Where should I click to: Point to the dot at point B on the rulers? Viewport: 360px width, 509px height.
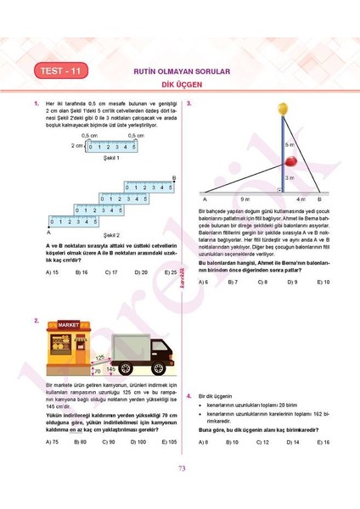click(174, 182)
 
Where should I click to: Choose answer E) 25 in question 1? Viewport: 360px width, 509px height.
click(171, 272)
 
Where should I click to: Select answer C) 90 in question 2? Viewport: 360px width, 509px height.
click(110, 442)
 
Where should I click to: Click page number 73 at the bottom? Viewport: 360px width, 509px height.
click(181, 492)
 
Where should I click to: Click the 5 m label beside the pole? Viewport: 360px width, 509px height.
click(290, 145)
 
